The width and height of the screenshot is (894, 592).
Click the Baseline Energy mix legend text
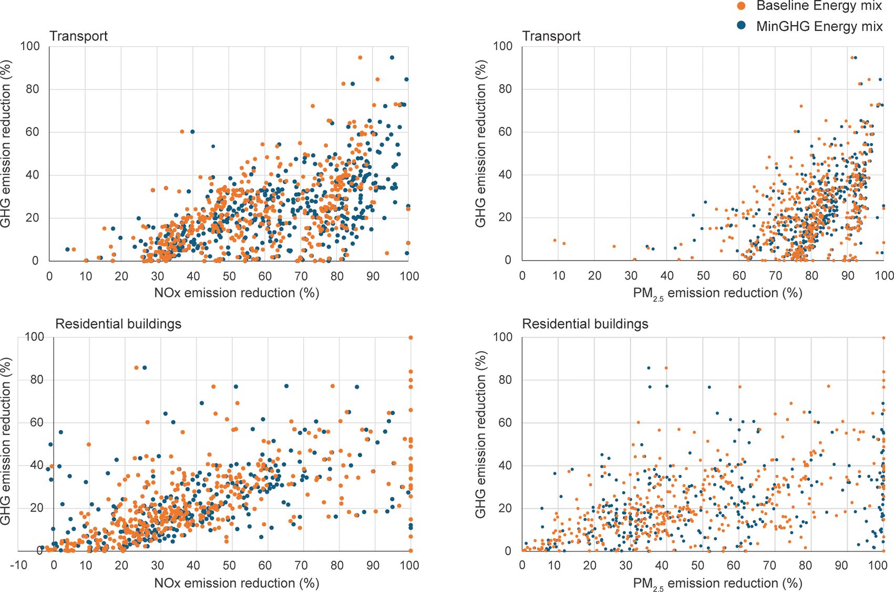click(819, 6)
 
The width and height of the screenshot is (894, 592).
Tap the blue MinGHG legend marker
click(742, 26)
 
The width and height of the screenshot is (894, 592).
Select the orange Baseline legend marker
click(742, 6)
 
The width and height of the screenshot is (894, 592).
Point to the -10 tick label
click(19, 565)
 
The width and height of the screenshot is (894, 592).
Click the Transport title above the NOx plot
click(78, 36)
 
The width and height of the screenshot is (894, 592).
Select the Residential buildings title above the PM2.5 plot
click(585, 324)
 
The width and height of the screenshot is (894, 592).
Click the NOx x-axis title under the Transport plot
click(237, 293)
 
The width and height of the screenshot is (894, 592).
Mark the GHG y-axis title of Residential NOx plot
click(6, 442)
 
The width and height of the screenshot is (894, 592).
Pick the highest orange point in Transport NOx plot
click(360, 57)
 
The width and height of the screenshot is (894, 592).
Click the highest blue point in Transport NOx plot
click(392, 57)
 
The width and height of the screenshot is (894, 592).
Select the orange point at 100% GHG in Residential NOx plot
click(410, 337)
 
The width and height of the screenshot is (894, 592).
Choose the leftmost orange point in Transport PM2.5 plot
click(555, 240)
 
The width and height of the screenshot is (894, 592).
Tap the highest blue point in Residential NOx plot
click(145, 367)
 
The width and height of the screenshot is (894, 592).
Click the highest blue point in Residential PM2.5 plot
click(649, 368)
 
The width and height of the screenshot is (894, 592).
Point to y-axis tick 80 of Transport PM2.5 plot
click(505, 89)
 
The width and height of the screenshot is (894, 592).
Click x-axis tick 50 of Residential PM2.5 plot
click(697, 565)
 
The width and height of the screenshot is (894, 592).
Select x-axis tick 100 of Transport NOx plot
click(409, 276)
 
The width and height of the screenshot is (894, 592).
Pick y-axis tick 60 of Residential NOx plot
click(37, 422)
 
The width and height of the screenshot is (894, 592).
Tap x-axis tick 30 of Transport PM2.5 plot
click(631, 275)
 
